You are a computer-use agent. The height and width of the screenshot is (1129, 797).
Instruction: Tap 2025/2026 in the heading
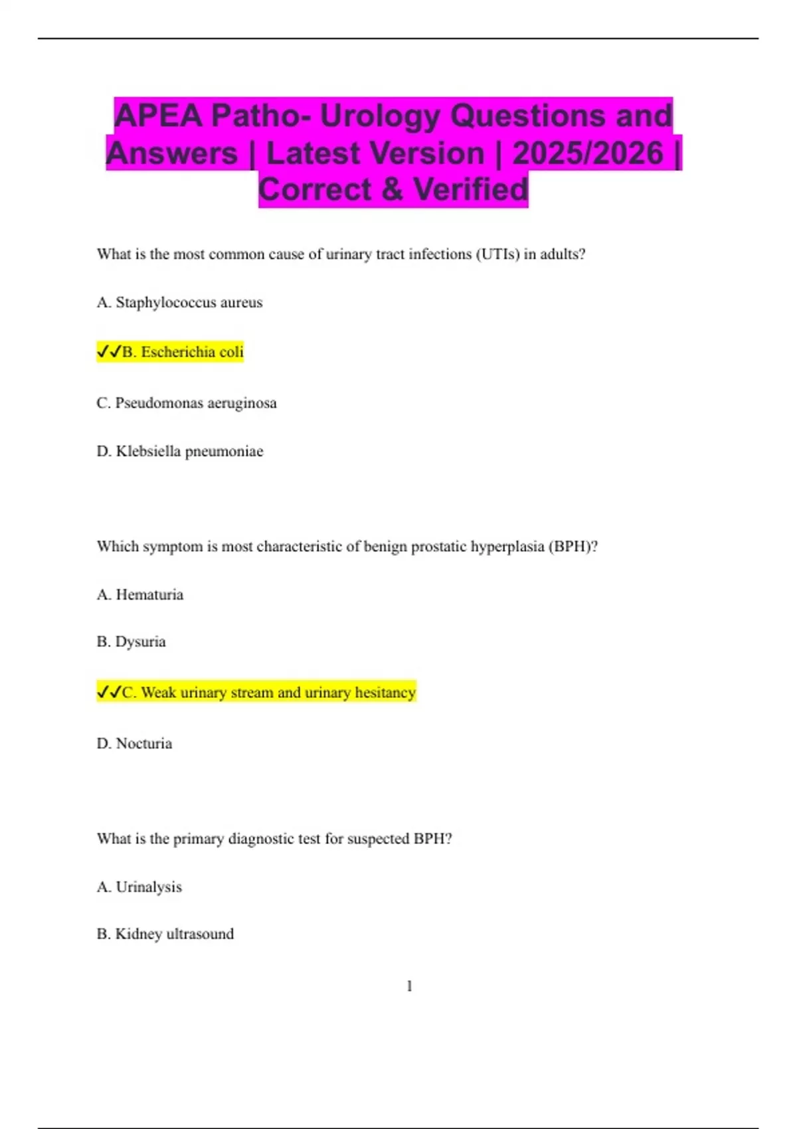coord(588,153)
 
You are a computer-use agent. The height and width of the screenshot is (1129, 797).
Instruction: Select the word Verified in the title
coord(471,190)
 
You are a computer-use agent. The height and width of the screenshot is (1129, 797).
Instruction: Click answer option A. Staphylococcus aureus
coord(179,303)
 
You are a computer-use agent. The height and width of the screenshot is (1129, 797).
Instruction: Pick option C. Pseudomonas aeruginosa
coord(187,403)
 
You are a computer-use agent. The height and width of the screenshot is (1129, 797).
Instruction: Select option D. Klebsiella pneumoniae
coord(180,452)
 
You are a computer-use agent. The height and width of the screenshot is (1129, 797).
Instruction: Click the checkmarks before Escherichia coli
coord(108,352)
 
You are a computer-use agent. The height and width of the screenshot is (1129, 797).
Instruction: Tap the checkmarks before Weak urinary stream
coord(108,693)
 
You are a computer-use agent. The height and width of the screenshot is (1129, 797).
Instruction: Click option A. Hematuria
coord(140,595)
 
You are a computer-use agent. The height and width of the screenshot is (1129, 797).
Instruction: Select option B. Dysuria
coord(132,642)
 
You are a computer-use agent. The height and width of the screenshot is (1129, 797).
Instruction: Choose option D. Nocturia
coord(134,744)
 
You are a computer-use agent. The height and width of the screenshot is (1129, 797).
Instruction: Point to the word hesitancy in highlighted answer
coord(385,693)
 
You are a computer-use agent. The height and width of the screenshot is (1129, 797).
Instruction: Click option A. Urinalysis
coord(139,887)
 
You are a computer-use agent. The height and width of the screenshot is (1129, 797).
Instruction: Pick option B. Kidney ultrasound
coord(165,934)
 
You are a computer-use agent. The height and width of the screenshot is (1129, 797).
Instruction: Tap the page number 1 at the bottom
coord(409,986)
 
